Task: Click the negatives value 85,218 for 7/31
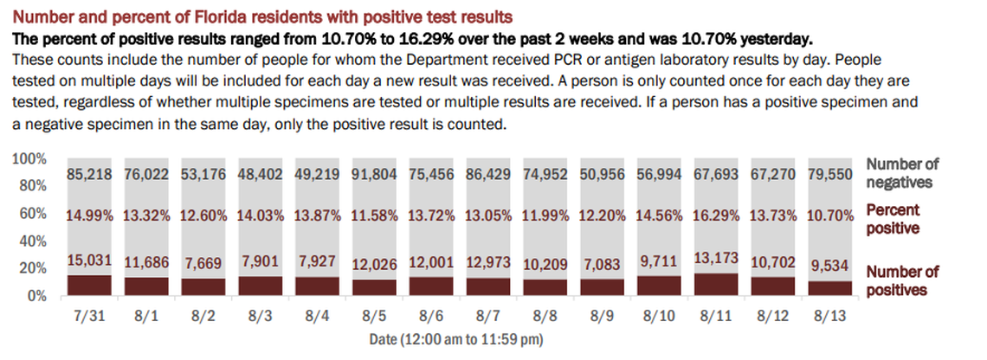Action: click(x=91, y=173)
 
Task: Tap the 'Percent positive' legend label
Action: click(x=892, y=219)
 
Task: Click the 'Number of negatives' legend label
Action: click(x=903, y=173)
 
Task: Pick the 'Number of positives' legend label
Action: click(x=903, y=280)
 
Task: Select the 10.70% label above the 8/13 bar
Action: click(x=830, y=216)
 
